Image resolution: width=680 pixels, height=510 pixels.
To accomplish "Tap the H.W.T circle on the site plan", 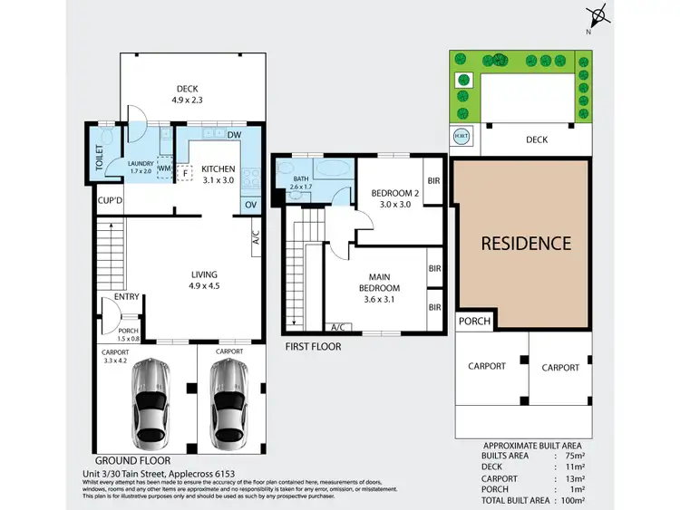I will (x=461, y=138).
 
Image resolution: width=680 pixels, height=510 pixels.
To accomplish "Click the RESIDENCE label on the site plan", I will (x=526, y=244).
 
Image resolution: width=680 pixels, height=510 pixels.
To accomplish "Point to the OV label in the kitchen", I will (x=251, y=205).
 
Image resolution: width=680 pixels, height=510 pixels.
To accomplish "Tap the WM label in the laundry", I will (x=165, y=168).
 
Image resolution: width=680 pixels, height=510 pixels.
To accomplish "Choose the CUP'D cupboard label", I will (x=110, y=201).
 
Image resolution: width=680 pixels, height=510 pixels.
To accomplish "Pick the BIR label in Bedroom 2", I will (x=434, y=181).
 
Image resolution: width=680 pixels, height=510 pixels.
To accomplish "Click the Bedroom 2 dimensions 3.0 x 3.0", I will (x=393, y=205).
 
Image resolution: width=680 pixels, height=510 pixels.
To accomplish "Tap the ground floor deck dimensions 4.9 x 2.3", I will (x=187, y=101).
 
